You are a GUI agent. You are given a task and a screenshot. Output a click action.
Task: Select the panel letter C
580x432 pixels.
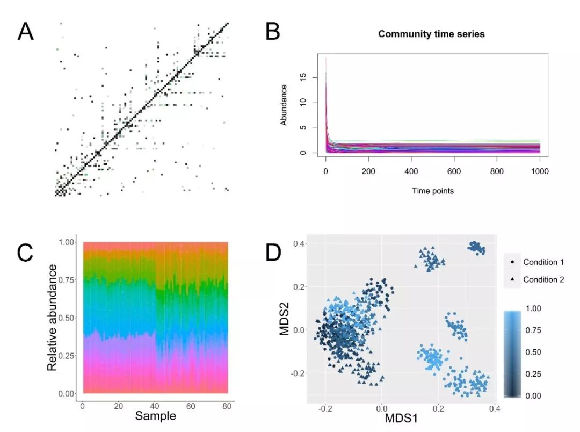click(26, 253)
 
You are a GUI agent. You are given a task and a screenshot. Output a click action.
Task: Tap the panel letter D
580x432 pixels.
click(274, 253)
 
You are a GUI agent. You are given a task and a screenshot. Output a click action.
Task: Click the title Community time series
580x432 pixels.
click(431, 34)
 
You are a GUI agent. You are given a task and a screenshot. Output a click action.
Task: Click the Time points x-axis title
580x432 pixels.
click(433, 191)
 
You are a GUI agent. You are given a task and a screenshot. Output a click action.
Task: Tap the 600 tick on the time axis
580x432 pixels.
click(454, 175)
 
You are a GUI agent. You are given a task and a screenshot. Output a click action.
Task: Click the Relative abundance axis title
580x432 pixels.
click(53, 318)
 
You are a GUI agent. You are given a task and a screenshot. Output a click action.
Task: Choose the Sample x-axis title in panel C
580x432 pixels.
click(155, 416)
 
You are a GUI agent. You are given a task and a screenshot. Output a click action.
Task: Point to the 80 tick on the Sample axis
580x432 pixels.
click(227, 406)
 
